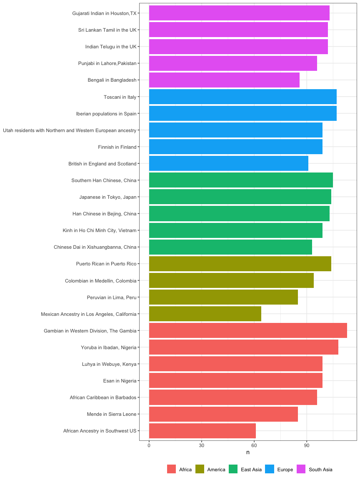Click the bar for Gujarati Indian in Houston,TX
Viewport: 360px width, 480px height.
coord(239,13)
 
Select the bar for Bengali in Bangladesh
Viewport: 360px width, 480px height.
coord(224,80)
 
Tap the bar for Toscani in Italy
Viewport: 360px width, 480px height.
coord(242,97)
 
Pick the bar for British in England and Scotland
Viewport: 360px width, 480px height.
coord(228,163)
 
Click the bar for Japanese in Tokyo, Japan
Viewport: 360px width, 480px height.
coord(240,197)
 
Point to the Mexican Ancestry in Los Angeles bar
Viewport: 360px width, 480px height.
coord(205,314)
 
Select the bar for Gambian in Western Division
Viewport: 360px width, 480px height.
coord(248,330)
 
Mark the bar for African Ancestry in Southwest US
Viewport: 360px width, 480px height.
coord(202,430)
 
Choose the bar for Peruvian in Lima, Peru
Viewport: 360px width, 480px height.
coord(223,297)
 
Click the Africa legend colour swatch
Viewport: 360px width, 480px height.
coord(172,469)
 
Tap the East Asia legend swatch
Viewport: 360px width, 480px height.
coord(233,469)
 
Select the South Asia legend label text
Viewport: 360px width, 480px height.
coord(320,470)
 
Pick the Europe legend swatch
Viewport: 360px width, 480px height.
coord(270,469)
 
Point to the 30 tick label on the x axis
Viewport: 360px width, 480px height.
coord(202,445)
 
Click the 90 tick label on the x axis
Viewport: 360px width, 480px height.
coord(307,445)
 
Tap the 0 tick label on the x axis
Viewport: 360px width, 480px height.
coord(149,445)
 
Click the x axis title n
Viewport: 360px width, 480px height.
coord(248,452)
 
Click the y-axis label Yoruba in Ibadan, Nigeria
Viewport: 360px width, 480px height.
coord(109,347)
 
